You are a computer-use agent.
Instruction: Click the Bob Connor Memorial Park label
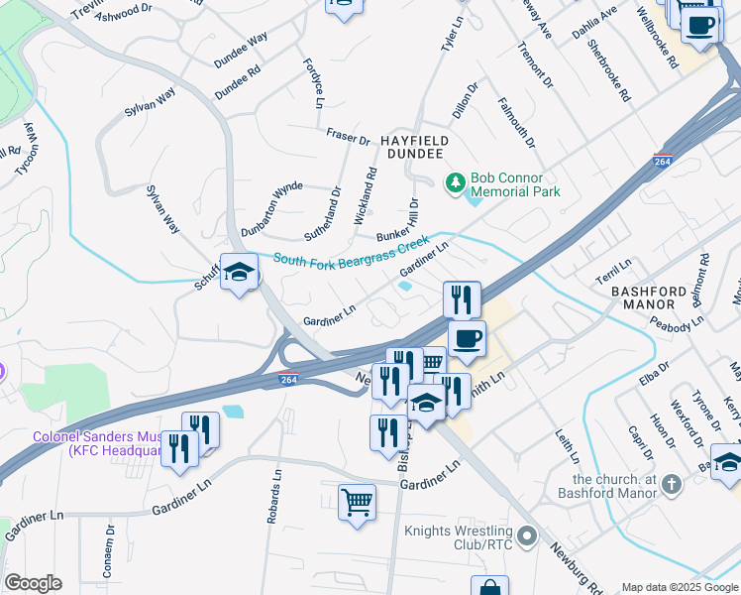pos(515,184)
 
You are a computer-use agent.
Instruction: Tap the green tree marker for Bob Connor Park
pos(455,181)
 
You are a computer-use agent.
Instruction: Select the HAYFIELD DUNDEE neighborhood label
pos(415,149)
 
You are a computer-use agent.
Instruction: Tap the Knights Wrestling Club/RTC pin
pos(526,536)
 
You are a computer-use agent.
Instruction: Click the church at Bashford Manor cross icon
pos(672,483)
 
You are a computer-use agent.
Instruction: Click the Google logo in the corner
pos(33,583)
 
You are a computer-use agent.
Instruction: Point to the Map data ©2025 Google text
pos(680,587)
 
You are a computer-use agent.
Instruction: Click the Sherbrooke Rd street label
pos(608,70)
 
